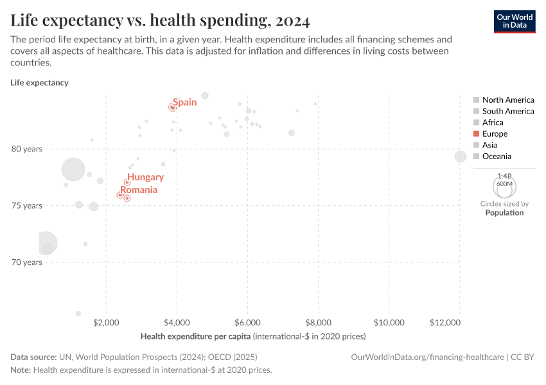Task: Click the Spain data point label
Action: point(184,102)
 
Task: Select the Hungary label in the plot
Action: point(145,177)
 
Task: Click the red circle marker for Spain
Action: point(172,107)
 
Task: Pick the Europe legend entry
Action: point(495,133)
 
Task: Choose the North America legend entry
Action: point(507,99)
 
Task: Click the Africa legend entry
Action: point(493,122)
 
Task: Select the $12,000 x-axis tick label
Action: point(459,321)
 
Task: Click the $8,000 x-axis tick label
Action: point(317,321)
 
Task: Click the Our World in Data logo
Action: point(515,21)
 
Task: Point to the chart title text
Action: point(160,21)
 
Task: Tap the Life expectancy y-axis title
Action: point(39,83)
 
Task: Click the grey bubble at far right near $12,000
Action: point(461,157)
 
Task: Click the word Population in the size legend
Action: point(504,212)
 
